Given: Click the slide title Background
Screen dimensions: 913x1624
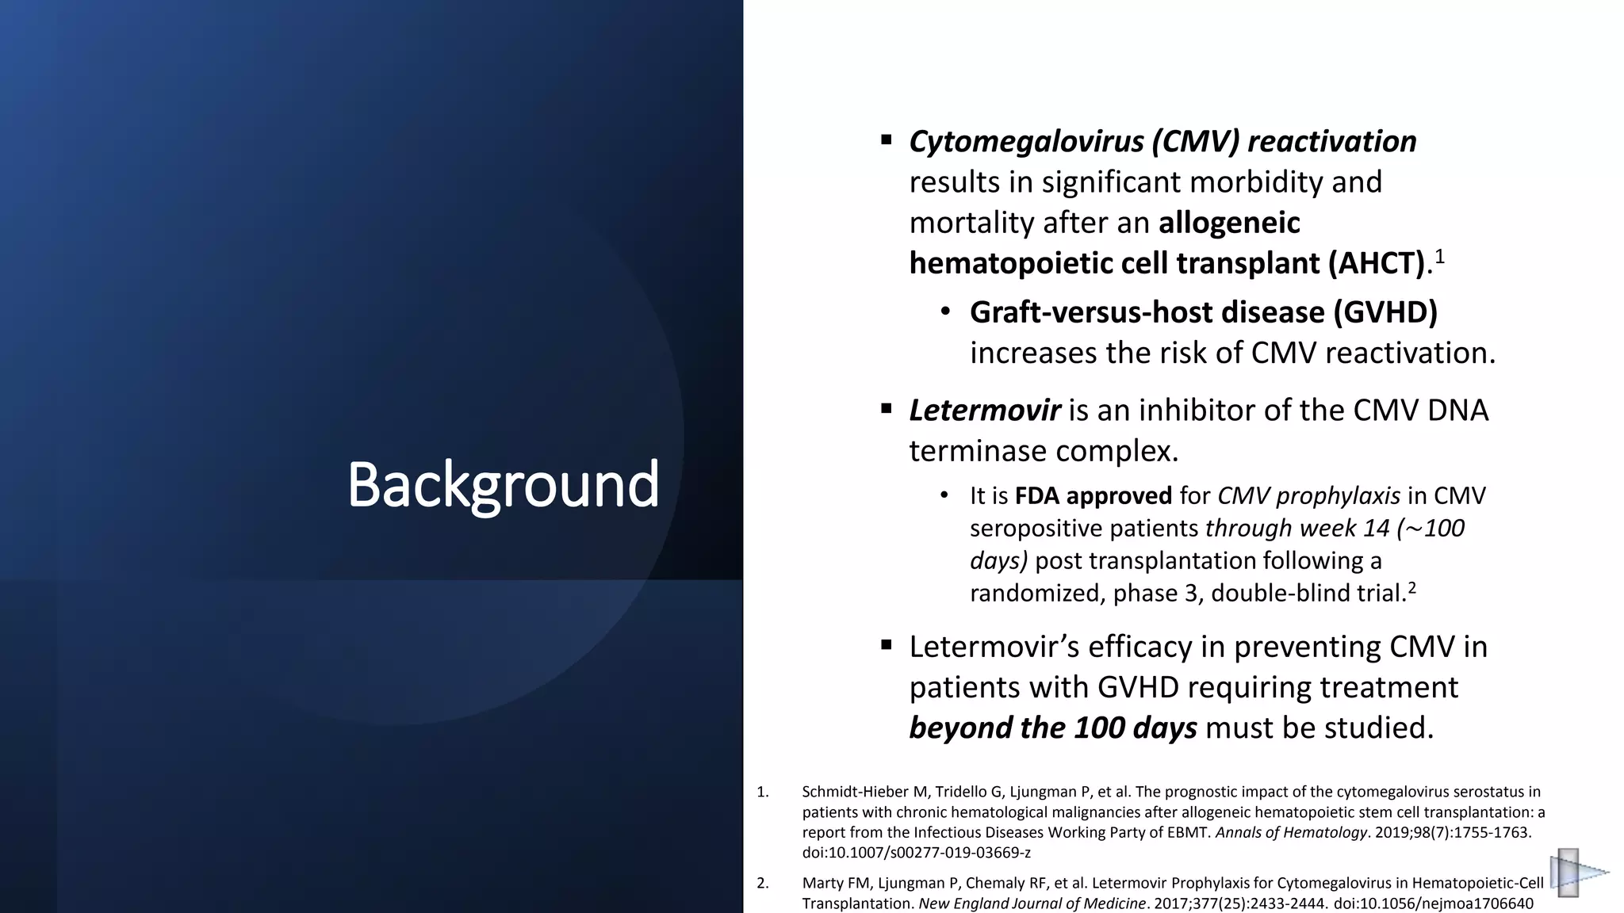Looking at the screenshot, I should click(503, 485).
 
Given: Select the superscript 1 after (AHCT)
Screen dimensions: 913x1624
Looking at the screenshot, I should click(1439, 257).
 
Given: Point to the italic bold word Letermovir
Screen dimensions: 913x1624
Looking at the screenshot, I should click(984, 411).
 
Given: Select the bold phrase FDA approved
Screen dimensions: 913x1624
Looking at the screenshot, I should click(1093, 496).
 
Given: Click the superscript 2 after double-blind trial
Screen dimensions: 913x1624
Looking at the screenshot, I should click(1411, 588).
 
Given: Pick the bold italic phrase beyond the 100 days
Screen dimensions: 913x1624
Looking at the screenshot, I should click(1052, 728).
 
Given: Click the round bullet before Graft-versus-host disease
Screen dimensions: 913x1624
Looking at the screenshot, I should click(945, 312).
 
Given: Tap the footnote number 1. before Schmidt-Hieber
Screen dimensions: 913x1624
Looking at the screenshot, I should click(763, 792).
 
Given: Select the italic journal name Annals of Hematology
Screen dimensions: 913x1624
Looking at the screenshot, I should click(1291, 833).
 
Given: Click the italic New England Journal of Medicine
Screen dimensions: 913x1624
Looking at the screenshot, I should click(1032, 903).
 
